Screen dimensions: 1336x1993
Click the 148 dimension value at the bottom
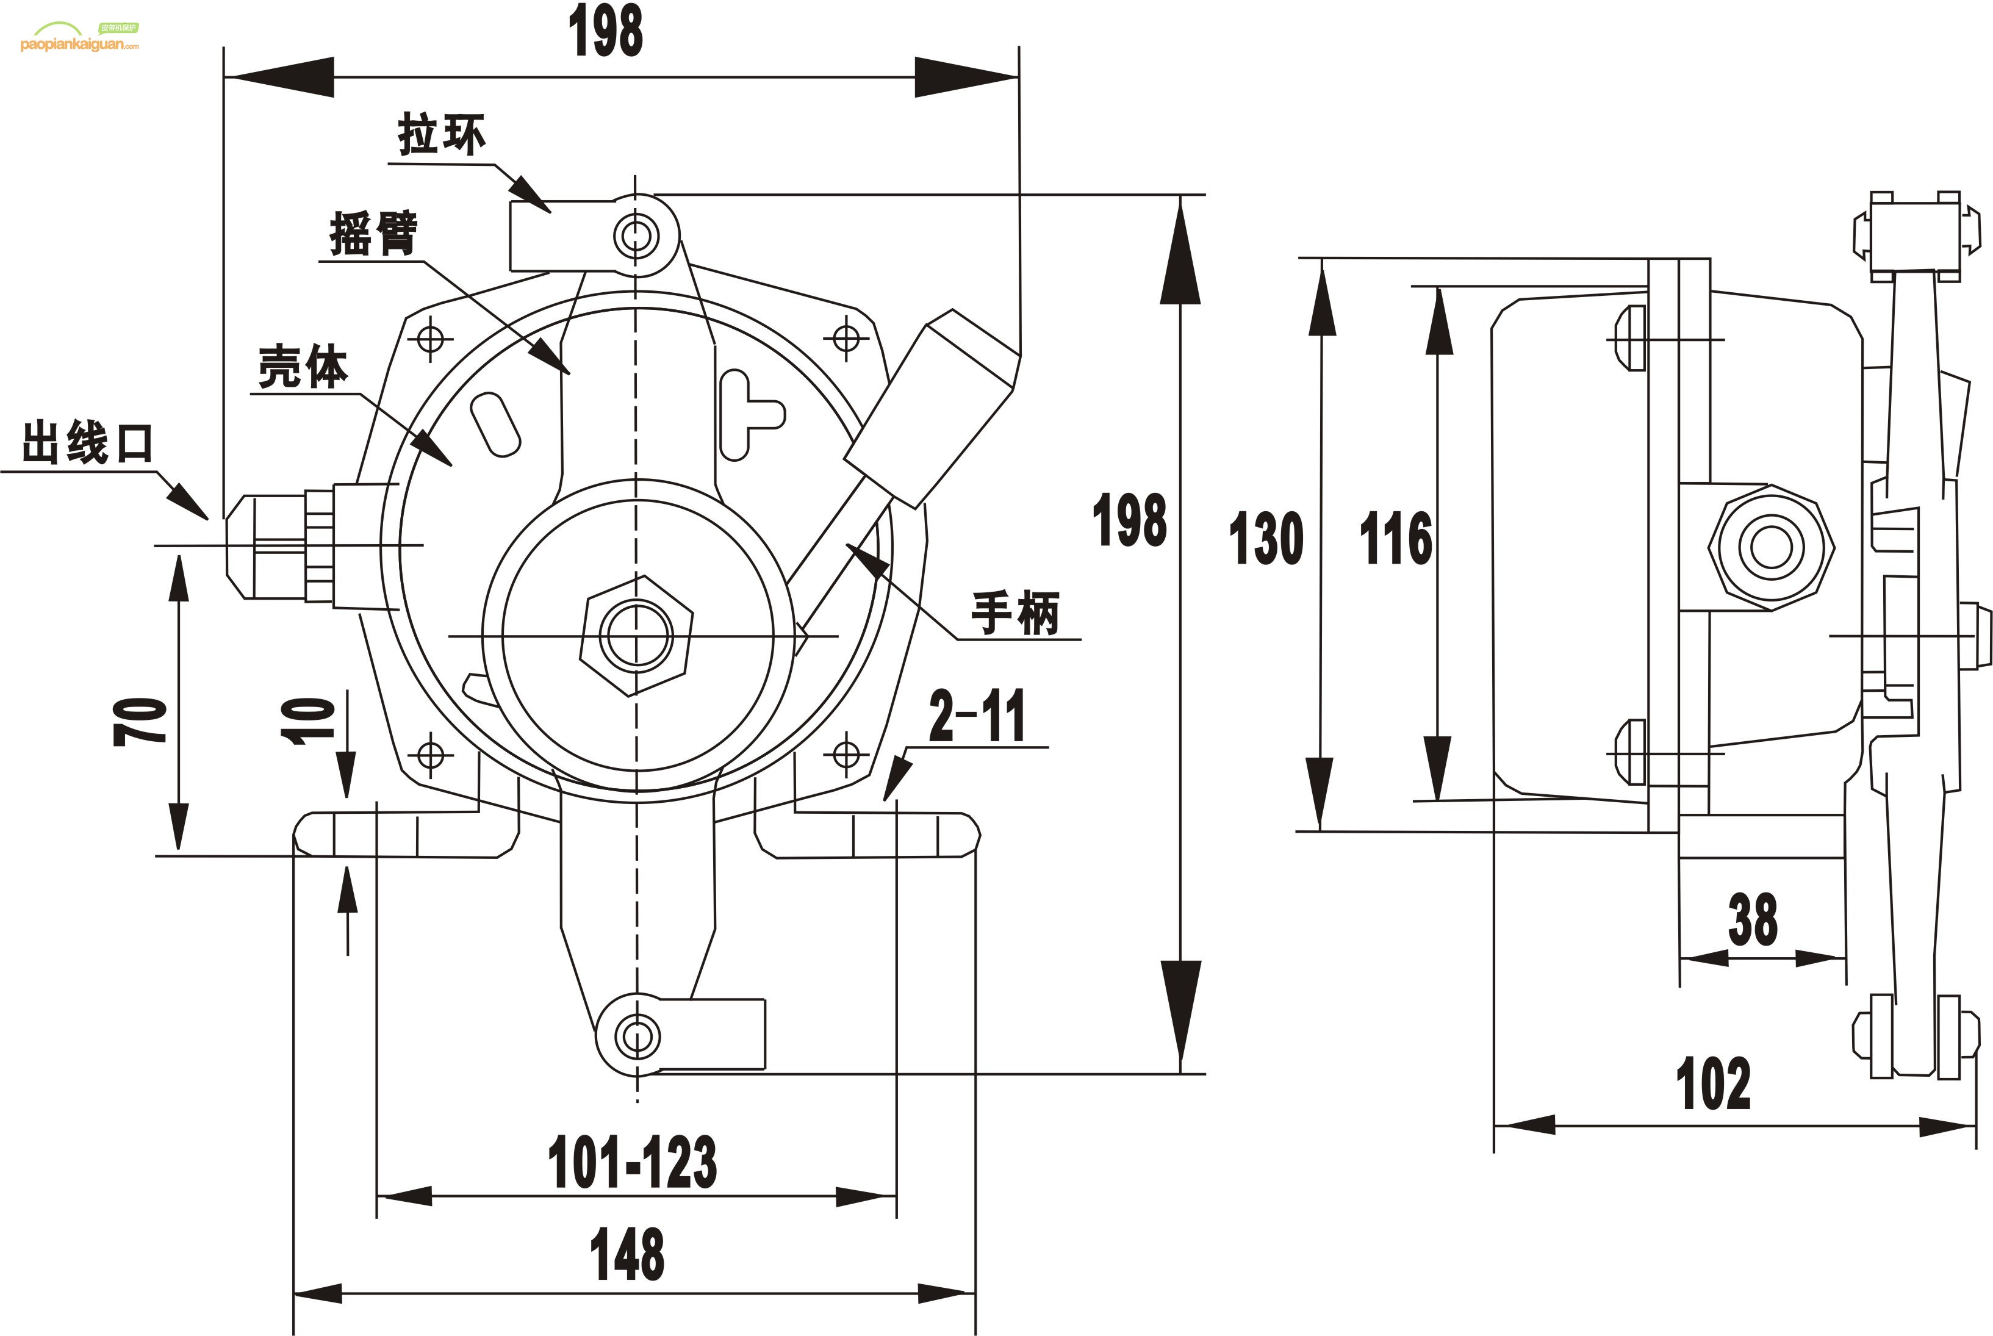627,1254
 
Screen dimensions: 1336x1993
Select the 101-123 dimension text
632,1162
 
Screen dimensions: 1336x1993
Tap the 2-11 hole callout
977,717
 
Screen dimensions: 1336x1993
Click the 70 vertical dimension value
140,721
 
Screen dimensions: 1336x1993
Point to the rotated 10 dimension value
309,721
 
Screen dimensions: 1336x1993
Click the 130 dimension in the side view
1266,539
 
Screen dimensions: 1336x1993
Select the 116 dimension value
1396,539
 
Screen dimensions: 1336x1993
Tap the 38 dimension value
1753,920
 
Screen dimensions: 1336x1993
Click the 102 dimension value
1714,1084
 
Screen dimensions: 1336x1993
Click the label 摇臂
374,232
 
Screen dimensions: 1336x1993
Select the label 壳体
303,367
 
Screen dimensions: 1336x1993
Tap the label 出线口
87,443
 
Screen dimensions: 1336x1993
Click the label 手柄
1016,612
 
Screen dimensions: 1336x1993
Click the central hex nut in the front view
636,636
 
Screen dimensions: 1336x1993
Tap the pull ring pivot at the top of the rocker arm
636,235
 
